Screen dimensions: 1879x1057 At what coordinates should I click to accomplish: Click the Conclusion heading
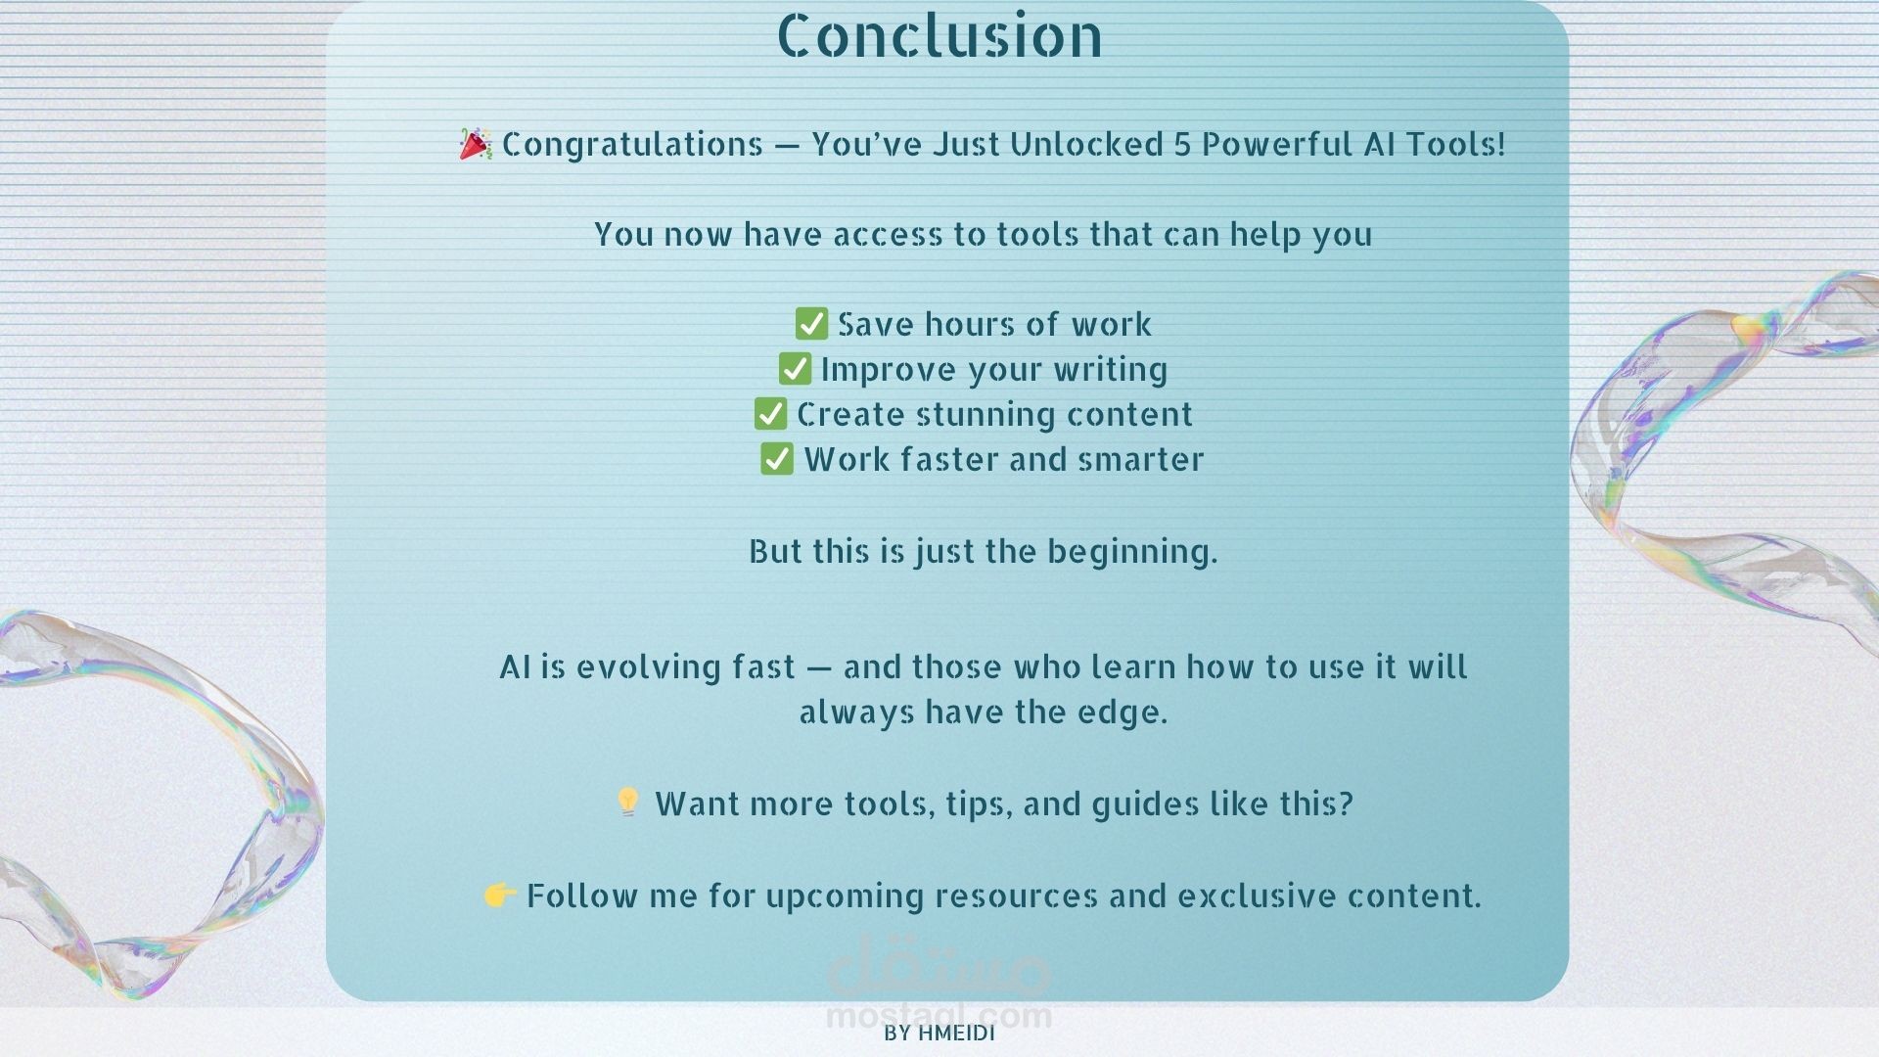click(x=939, y=36)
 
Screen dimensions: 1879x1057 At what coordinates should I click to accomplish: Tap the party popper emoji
click(x=476, y=143)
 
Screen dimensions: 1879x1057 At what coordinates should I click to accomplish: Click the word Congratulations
click(x=632, y=145)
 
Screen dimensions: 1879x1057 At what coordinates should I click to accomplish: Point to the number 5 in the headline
click(x=1182, y=144)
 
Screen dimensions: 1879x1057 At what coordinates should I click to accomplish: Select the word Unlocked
click(x=1086, y=144)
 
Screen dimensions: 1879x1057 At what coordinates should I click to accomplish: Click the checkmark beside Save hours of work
click(x=811, y=323)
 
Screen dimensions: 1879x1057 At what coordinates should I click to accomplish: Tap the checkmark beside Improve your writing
click(x=795, y=368)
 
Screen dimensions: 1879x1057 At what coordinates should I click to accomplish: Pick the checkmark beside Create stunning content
click(x=770, y=413)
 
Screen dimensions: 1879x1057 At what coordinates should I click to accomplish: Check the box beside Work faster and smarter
click(x=777, y=458)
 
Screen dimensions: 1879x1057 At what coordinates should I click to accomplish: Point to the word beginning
click(x=1132, y=552)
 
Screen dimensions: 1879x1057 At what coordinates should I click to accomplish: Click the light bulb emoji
click(x=627, y=802)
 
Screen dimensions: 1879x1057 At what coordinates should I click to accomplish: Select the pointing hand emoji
click(x=500, y=894)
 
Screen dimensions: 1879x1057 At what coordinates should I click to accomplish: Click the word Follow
click(x=582, y=896)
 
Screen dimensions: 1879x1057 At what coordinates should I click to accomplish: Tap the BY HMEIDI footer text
click(x=939, y=1034)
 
